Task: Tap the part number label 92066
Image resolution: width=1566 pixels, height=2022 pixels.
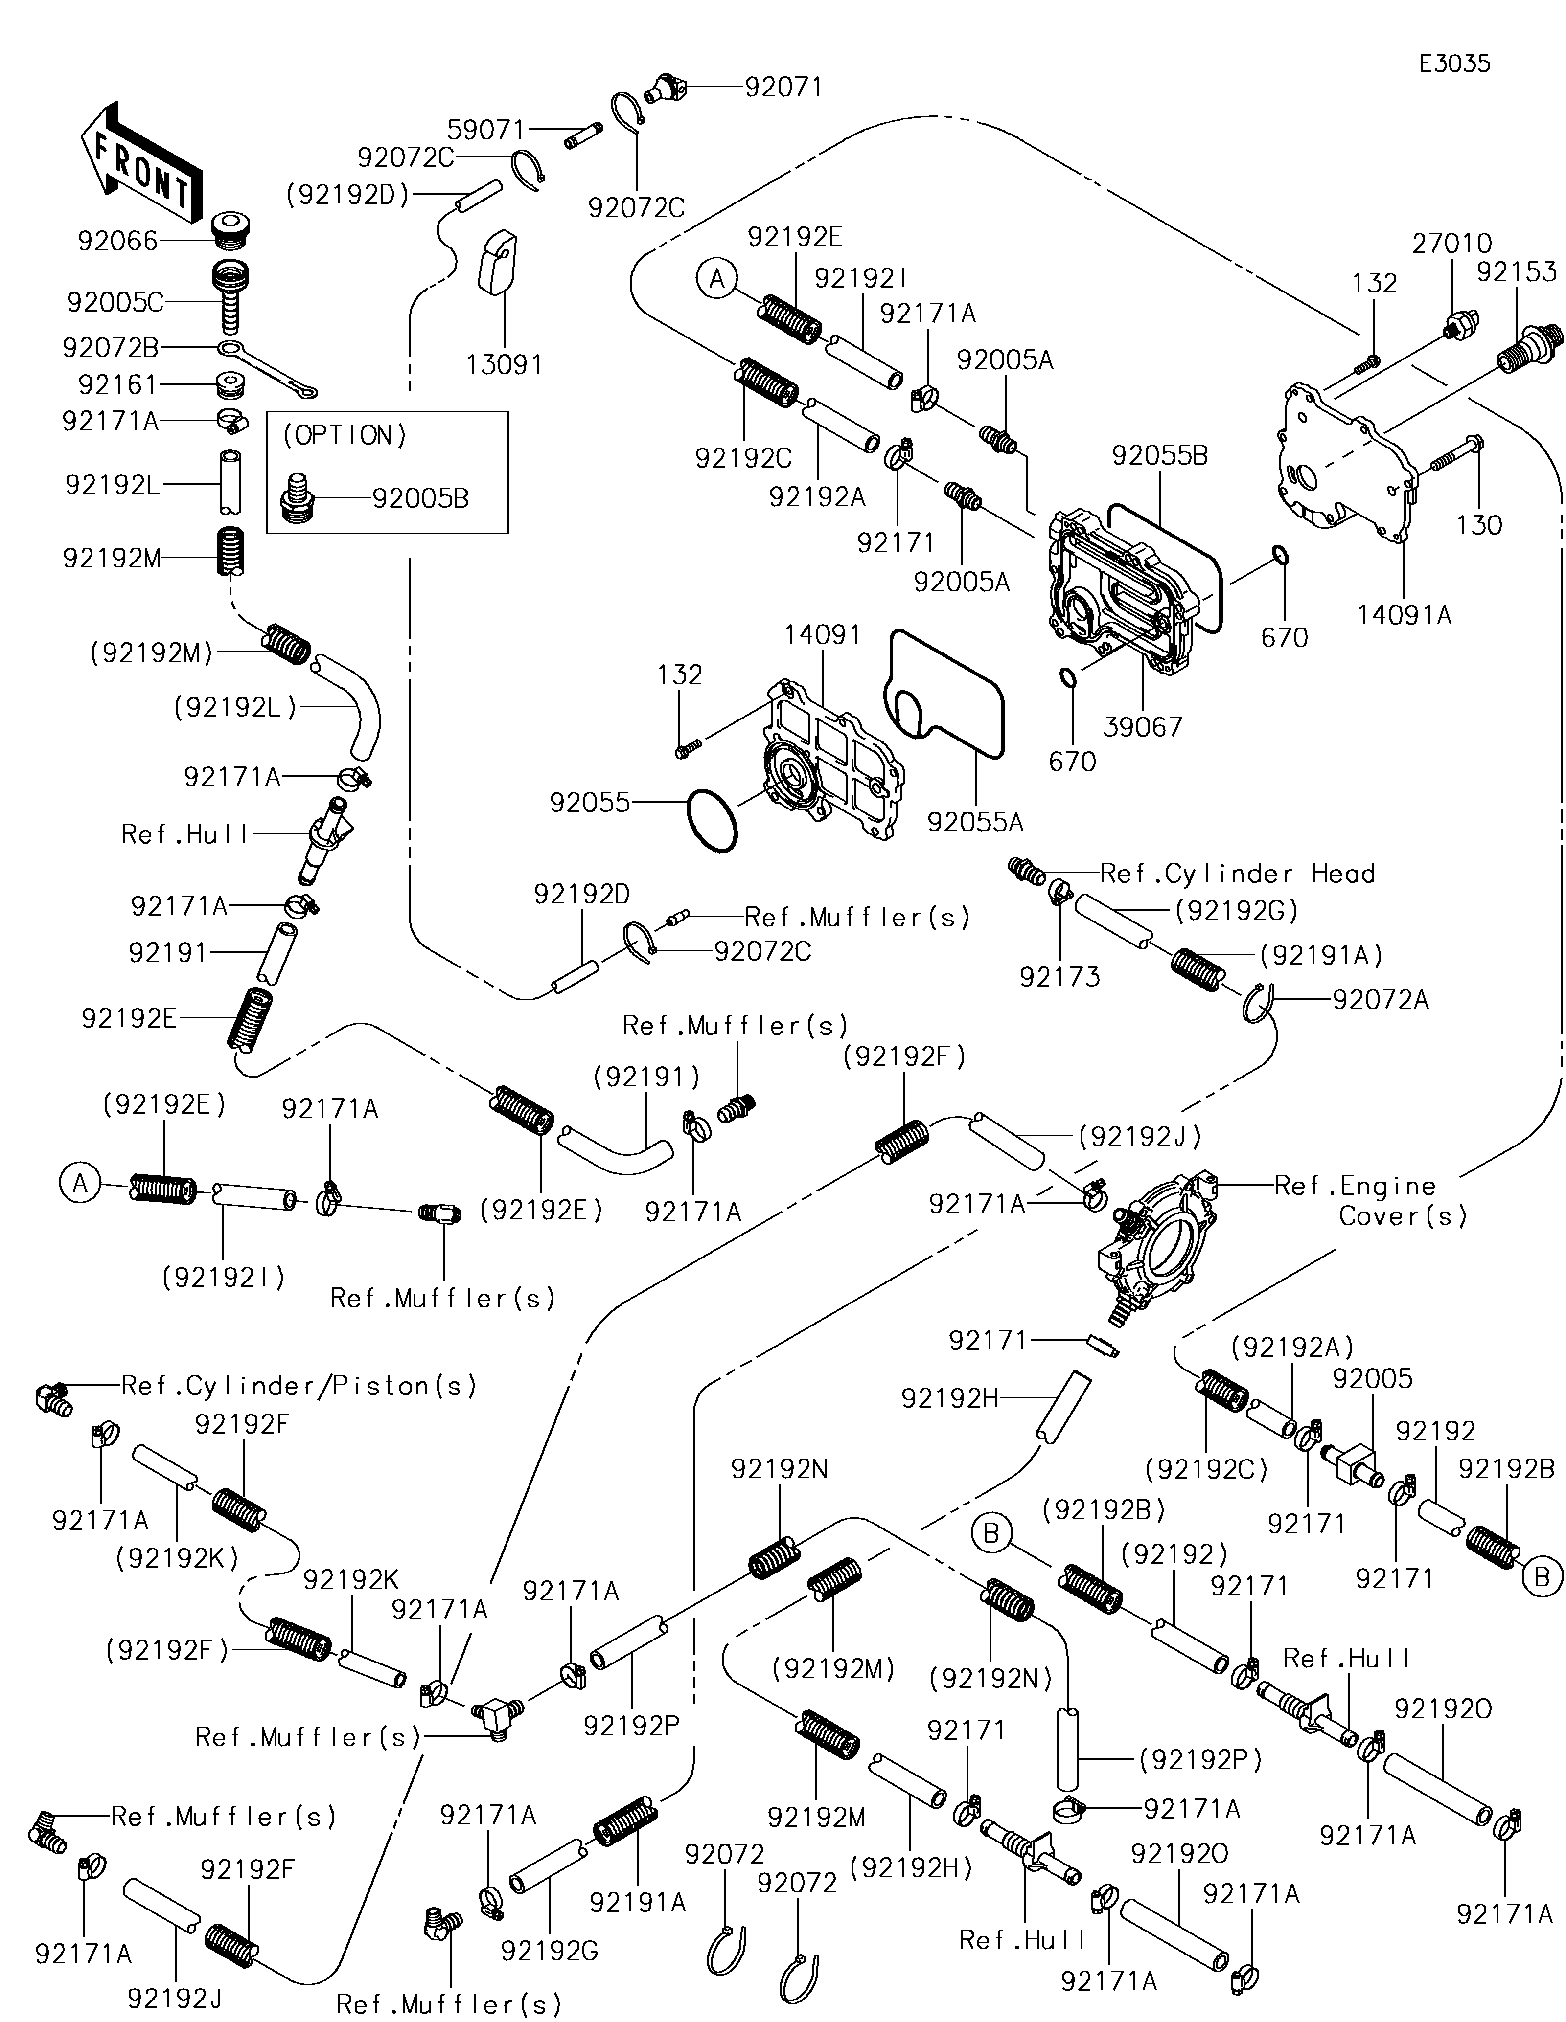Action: [117, 242]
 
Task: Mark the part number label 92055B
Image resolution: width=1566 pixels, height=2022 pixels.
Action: [1159, 455]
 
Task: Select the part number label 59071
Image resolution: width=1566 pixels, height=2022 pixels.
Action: [486, 130]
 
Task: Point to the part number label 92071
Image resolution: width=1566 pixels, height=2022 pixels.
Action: [783, 87]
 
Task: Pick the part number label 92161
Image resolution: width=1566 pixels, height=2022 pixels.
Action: [117, 384]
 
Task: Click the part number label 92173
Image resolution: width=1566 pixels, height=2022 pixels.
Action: [1059, 977]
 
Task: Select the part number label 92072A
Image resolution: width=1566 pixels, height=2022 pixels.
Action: [1380, 1000]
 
